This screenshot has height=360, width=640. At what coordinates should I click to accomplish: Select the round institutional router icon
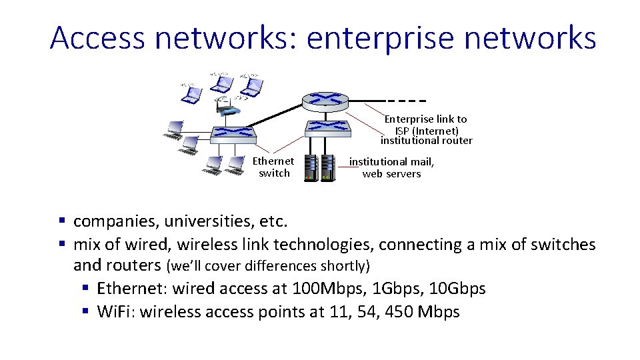[325, 101]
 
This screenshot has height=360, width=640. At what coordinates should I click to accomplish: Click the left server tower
[310, 167]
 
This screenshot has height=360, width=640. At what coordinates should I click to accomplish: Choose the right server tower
[327, 167]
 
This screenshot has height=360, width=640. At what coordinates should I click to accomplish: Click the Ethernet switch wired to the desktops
[233, 133]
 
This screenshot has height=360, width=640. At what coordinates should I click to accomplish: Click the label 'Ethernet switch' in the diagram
[273, 167]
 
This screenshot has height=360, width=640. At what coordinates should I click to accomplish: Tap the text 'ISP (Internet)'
[427, 131]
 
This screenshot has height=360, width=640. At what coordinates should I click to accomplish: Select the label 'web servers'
[391, 174]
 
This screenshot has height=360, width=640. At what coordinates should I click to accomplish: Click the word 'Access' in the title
[97, 38]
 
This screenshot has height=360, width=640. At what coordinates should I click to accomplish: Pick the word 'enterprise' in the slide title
[380, 38]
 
